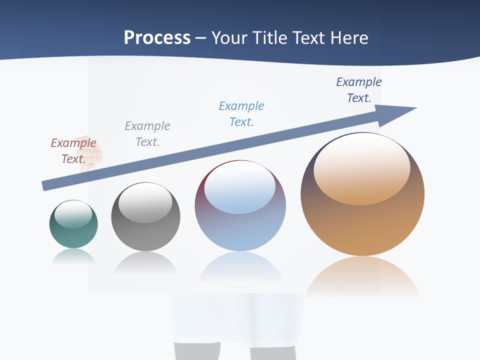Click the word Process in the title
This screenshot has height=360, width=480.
coord(157,38)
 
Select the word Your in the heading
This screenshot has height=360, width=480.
coord(229,38)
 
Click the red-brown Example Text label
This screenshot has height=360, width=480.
coord(73,151)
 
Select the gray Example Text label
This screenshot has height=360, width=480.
coord(147,134)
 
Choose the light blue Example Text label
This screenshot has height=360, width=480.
coord(241,114)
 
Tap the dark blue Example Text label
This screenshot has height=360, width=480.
coord(359,90)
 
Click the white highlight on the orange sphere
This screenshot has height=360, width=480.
coord(362,167)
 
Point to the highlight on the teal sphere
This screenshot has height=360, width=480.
coord(73,214)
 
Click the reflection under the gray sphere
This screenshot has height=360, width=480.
coord(145,263)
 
